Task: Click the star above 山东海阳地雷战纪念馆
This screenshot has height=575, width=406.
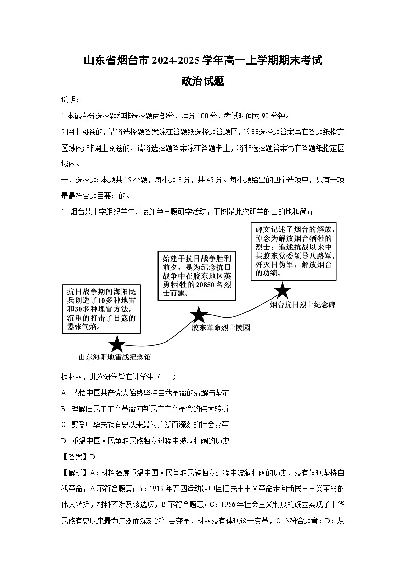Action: pos(117,344)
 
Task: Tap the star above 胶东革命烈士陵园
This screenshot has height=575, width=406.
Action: pos(198,315)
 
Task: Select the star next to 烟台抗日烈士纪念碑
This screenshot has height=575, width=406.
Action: pos(282,291)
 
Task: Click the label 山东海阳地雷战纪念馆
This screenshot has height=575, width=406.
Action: pos(115,357)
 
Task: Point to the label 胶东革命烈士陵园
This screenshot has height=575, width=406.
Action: pos(221,327)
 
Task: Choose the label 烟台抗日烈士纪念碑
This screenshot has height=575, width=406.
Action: pos(303,305)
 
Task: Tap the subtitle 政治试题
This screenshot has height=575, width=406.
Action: pos(203,81)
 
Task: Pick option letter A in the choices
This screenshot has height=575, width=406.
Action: pos(64,393)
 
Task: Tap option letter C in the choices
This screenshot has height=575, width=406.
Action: pos(64,424)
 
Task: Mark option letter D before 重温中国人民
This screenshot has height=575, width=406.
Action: pos(64,440)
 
